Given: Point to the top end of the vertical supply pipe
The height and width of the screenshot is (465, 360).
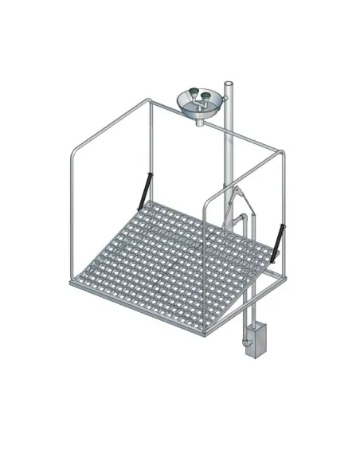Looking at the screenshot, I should coord(229,83).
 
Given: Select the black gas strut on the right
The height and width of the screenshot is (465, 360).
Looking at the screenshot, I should coord(278,240).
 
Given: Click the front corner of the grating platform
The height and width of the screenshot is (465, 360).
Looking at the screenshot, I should coord(205,332).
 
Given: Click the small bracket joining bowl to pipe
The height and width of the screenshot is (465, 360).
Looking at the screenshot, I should coord(224,99).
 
